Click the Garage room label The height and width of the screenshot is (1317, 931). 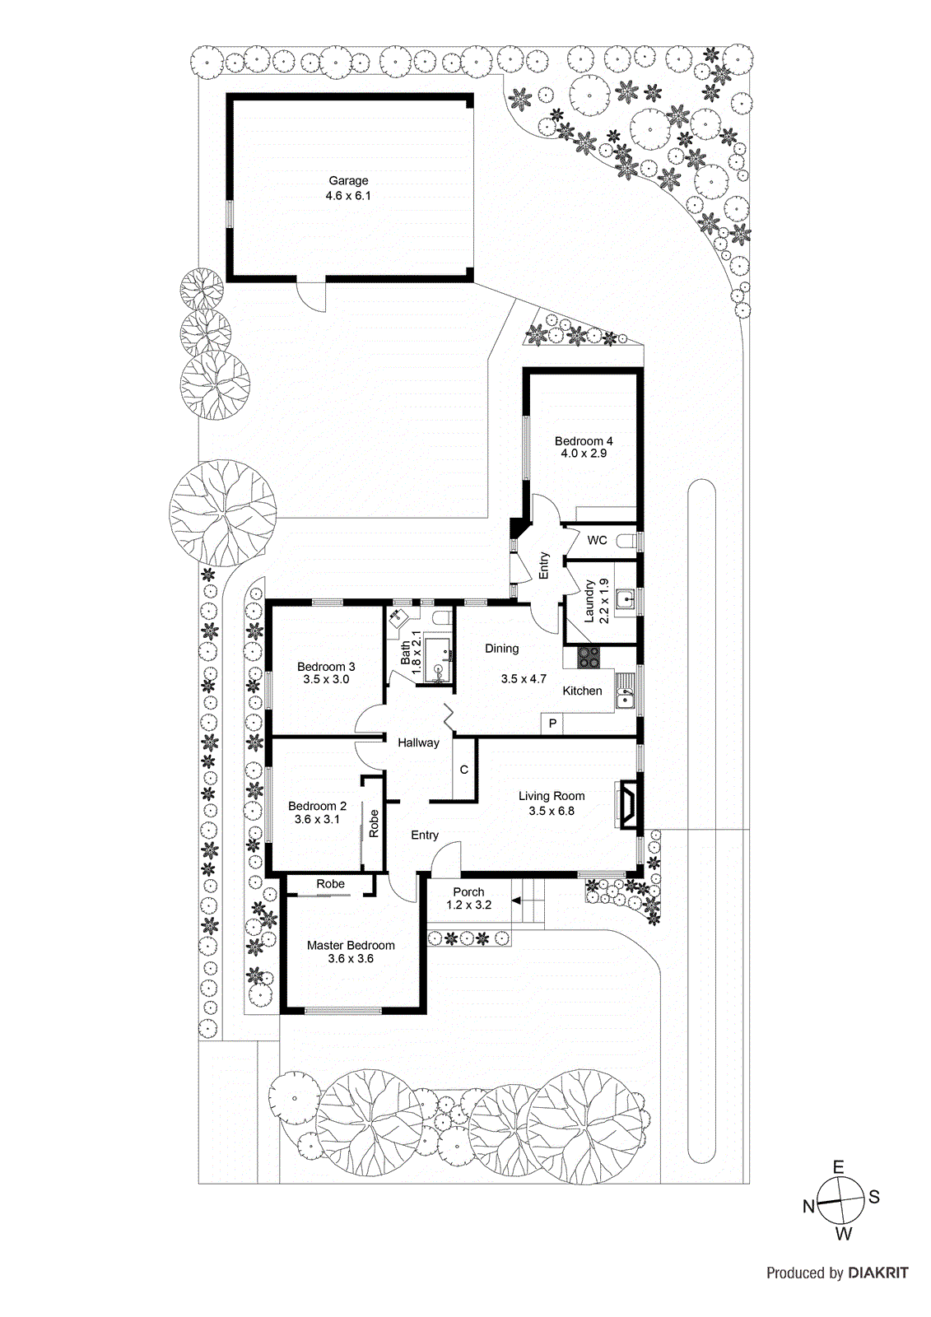pyautogui.click(x=348, y=180)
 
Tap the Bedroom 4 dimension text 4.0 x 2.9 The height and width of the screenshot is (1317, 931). pyautogui.click(x=584, y=454)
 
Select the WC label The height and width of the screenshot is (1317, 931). pyautogui.click(x=597, y=540)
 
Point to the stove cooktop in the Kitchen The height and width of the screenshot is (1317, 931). pyautogui.click(x=589, y=657)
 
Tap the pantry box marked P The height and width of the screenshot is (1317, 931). pyautogui.click(x=552, y=724)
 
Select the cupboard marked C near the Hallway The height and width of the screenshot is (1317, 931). pyautogui.click(x=464, y=770)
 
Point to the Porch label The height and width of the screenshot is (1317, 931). pyautogui.click(x=468, y=891)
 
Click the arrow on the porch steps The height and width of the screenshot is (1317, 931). pyautogui.click(x=516, y=900)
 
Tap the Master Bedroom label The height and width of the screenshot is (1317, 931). pyautogui.click(x=351, y=945)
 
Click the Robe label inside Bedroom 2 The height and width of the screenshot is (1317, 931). pyautogui.click(x=374, y=824)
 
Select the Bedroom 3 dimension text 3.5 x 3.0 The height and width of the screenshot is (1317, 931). pyautogui.click(x=326, y=679)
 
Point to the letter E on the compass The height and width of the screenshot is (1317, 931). pyautogui.click(x=838, y=1167)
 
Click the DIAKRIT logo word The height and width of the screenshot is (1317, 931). pyautogui.click(x=877, y=1273)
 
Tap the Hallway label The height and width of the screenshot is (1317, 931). pyautogui.click(x=418, y=742)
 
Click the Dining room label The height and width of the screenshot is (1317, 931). pyautogui.click(x=501, y=649)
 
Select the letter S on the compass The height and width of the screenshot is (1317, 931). pyautogui.click(x=874, y=1197)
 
